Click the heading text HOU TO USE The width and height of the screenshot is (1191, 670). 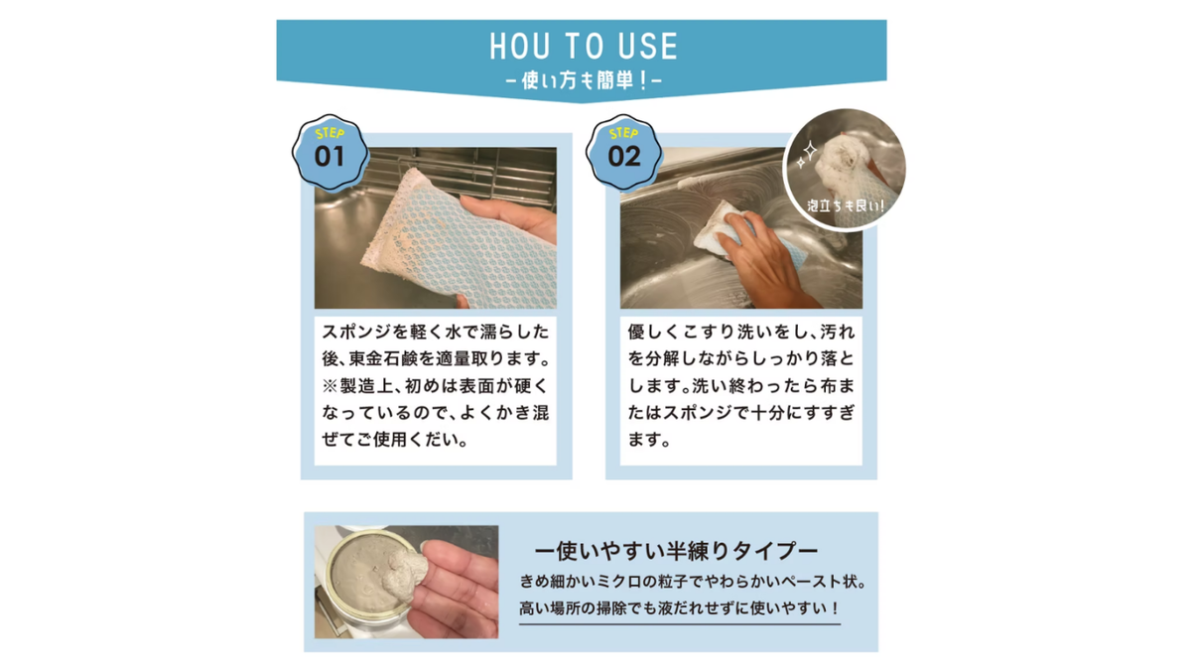point(584,46)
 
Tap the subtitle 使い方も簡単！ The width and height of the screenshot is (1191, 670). point(584,80)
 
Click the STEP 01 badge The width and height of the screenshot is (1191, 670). point(330,152)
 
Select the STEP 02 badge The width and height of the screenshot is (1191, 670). point(623,152)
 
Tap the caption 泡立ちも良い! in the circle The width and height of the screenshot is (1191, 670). point(846,205)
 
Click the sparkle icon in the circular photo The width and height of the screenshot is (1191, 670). point(807,154)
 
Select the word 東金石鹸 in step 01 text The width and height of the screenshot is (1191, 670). point(383,358)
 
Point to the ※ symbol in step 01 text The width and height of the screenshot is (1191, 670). point(330,385)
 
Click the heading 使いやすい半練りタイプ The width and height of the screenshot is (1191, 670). point(676,551)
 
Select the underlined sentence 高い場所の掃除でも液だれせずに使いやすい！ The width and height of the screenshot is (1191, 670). point(680,607)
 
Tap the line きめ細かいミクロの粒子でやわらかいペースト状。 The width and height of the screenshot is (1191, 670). point(693,582)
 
